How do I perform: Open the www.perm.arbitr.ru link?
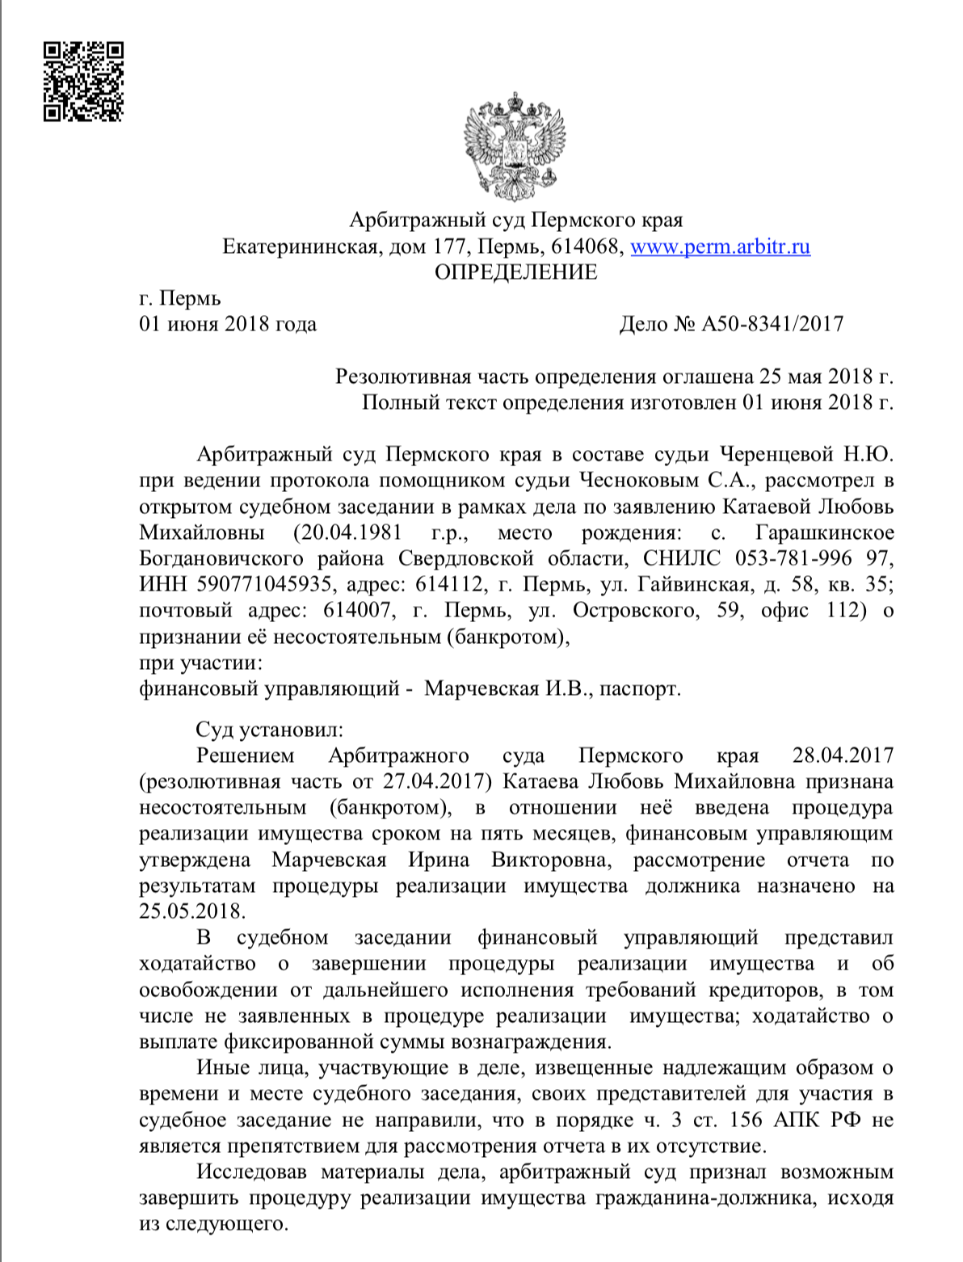[720, 246]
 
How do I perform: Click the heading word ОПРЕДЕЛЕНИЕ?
[516, 272]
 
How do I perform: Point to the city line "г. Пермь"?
[179, 299]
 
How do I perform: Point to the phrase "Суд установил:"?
[269, 730]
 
